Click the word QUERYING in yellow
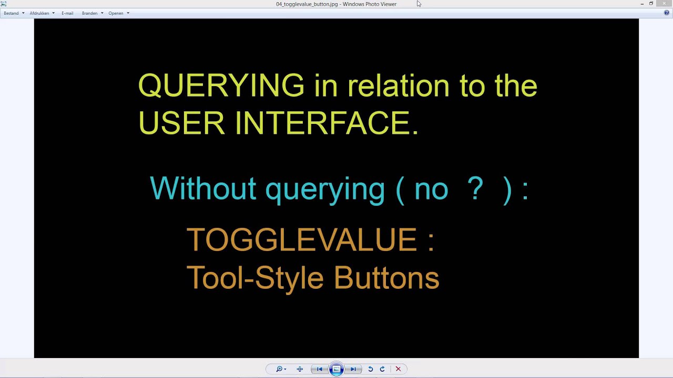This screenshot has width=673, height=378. pyautogui.click(x=221, y=86)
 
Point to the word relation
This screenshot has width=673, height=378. pyautogui.click(x=398, y=86)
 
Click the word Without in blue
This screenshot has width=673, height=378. pyautogui.click(x=203, y=188)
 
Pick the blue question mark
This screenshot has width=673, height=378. pyautogui.click(x=475, y=188)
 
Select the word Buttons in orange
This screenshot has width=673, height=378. pyautogui.click(x=386, y=278)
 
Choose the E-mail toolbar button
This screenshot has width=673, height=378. pyautogui.click(x=67, y=13)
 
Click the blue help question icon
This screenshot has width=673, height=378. pyautogui.click(x=667, y=13)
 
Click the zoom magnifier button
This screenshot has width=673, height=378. pyautogui.click(x=280, y=369)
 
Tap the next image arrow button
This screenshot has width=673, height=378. pyautogui.click(x=354, y=369)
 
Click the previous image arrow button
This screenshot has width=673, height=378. pyautogui.click(x=319, y=369)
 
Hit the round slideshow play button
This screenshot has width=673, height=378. pyautogui.click(x=336, y=369)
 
